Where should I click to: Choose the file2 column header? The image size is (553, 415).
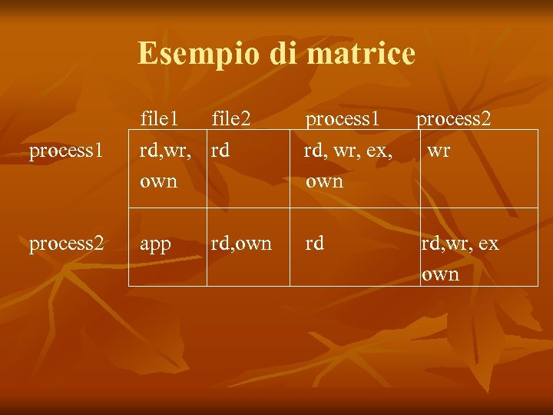tap(231, 118)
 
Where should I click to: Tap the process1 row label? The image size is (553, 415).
tap(65, 151)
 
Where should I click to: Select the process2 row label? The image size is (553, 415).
tap(65, 244)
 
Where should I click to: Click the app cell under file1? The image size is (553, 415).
tap(155, 244)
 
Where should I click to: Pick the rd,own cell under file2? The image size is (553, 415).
tap(241, 244)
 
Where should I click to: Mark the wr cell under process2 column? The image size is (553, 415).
tap(439, 151)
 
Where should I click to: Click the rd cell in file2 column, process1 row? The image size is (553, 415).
tap(220, 151)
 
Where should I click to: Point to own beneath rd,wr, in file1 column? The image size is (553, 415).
tap(158, 181)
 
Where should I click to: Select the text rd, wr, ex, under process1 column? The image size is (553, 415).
tap(348, 151)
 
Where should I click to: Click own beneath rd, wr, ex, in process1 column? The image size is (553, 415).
tap(324, 181)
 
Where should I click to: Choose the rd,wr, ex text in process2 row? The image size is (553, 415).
tap(459, 244)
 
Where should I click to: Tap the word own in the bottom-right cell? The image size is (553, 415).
tap(440, 274)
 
